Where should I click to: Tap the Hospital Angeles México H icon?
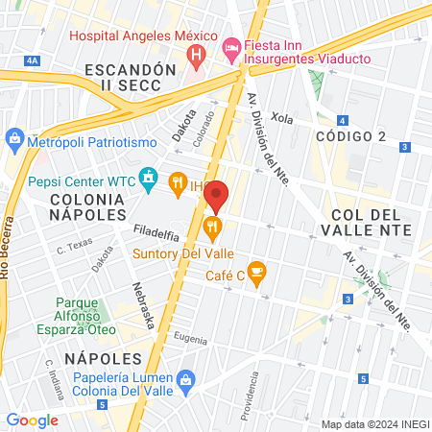(198, 56)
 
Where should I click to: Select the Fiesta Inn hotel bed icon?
(231, 48)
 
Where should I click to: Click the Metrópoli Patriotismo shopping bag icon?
(14, 141)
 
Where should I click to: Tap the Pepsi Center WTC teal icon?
(148, 178)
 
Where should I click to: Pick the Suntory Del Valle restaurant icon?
(213, 228)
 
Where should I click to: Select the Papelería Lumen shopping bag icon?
(187, 381)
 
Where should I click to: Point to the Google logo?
(33, 420)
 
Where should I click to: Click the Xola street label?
(281, 117)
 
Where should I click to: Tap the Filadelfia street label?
(153, 230)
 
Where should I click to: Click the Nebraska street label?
(144, 306)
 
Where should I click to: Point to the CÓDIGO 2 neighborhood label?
(350, 136)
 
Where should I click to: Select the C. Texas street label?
(73, 250)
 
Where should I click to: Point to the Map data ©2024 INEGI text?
(373, 423)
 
